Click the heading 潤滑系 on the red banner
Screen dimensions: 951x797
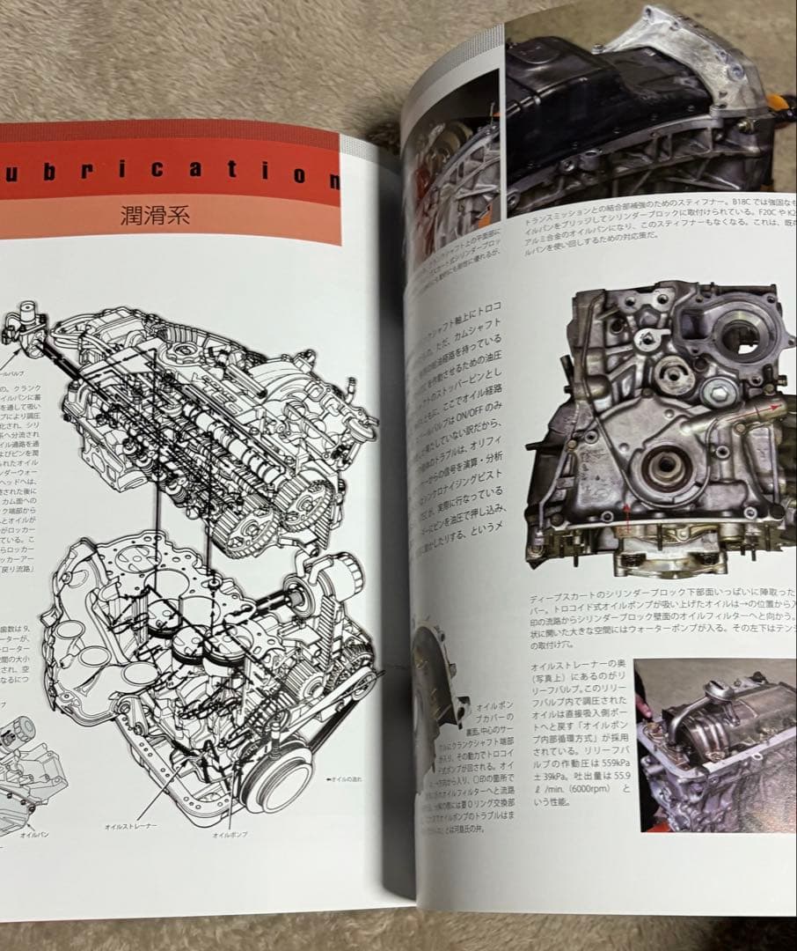point(156,215)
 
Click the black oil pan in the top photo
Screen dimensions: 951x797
point(607,114)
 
